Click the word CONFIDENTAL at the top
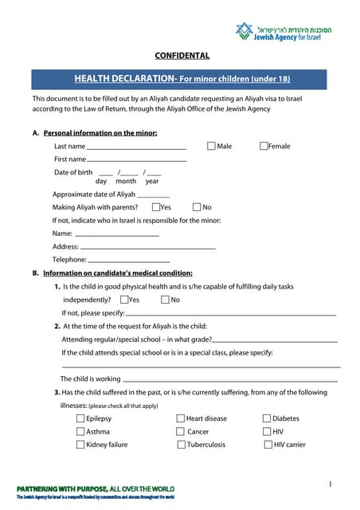click(x=182, y=56)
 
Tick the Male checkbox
click(x=211, y=146)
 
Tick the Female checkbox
click(x=264, y=146)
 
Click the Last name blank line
click(x=136, y=148)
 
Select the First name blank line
click(x=136, y=162)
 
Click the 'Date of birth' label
click(x=73, y=172)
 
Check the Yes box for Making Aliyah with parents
click(x=156, y=207)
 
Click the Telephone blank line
click(x=129, y=261)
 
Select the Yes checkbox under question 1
click(x=124, y=300)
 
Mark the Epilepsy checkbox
click(x=80, y=418)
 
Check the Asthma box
click(x=80, y=431)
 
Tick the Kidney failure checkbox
click(x=80, y=445)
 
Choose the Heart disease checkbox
click(x=181, y=418)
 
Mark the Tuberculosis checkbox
click(x=181, y=445)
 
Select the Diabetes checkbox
click(x=267, y=418)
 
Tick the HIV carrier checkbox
click(x=267, y=445)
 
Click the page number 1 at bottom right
click(x=330, y=484)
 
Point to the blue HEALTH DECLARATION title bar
click(x=182, y=79)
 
